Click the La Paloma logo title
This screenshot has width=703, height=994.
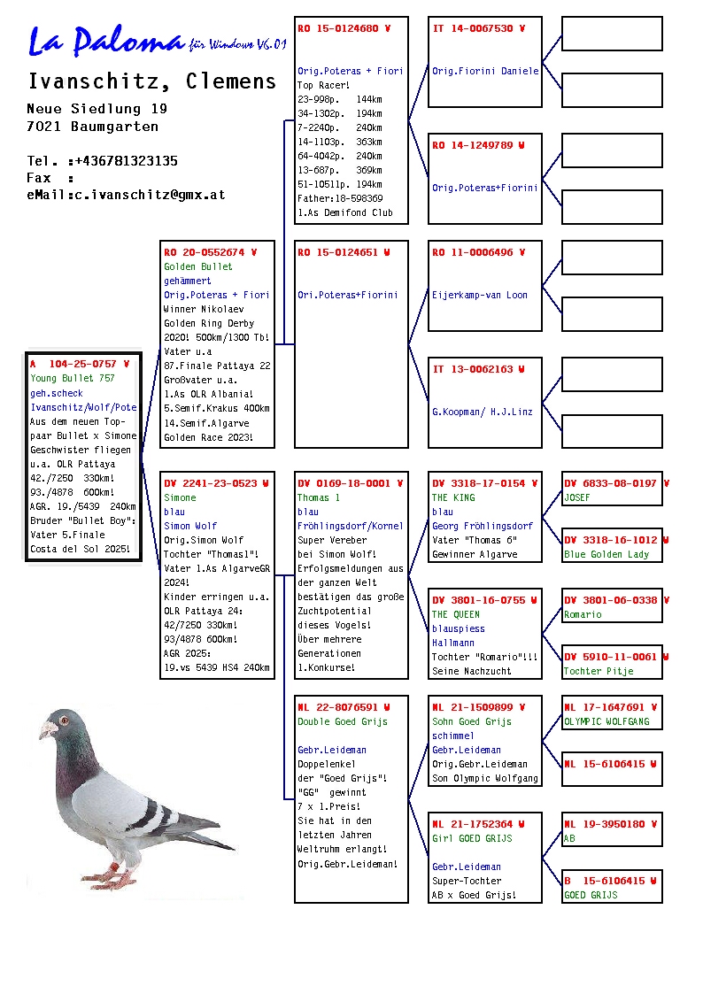coord(106,41)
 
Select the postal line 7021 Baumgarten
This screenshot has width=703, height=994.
coord(93,127)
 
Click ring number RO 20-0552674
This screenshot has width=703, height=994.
coord(210,252)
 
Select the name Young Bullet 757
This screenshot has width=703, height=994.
coord(73,379)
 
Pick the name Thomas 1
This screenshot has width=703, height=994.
coord(319,498)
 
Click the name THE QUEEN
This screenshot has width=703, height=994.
coord(456,615)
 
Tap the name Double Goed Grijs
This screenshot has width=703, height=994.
coord(343,722)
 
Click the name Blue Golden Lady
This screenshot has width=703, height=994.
coord(606,555)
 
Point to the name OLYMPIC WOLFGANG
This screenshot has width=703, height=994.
coord(606,722)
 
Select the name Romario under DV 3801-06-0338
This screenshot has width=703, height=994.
coord(583,615)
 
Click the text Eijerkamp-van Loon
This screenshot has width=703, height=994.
coord(480,296)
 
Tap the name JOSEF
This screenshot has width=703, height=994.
coord(577,498)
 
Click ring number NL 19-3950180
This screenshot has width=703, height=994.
coord(610,825)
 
